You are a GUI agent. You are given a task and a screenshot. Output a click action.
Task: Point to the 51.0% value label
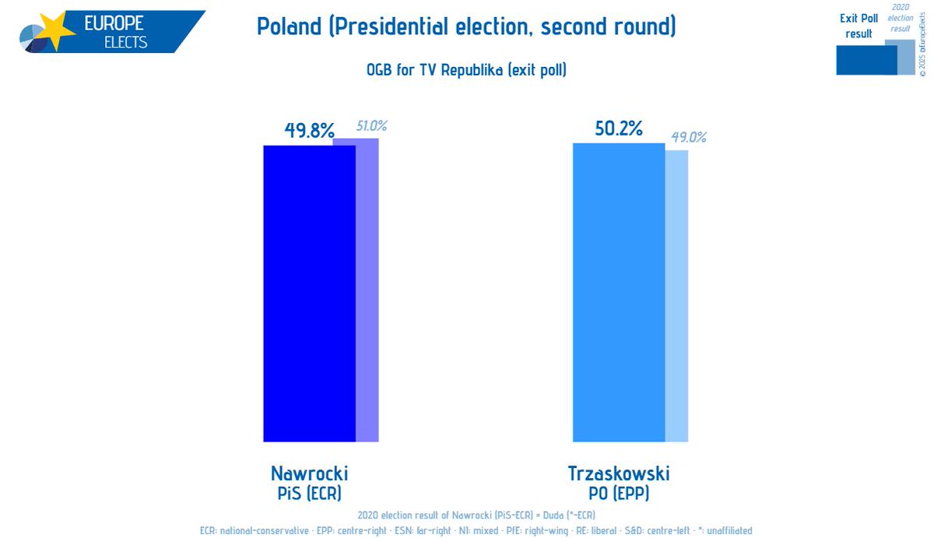coord(372,125)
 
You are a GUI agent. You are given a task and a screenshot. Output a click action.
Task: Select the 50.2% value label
coord(618,128)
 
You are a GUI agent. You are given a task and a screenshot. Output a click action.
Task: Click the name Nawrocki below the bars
coord(309,473)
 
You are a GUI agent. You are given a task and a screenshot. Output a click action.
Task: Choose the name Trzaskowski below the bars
coord(619,473)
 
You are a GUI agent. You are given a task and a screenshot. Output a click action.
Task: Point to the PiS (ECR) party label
coord(309,493)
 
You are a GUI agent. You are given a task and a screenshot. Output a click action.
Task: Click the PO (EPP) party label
coord(619,493)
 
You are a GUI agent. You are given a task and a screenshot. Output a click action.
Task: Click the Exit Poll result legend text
coord(859,26)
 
